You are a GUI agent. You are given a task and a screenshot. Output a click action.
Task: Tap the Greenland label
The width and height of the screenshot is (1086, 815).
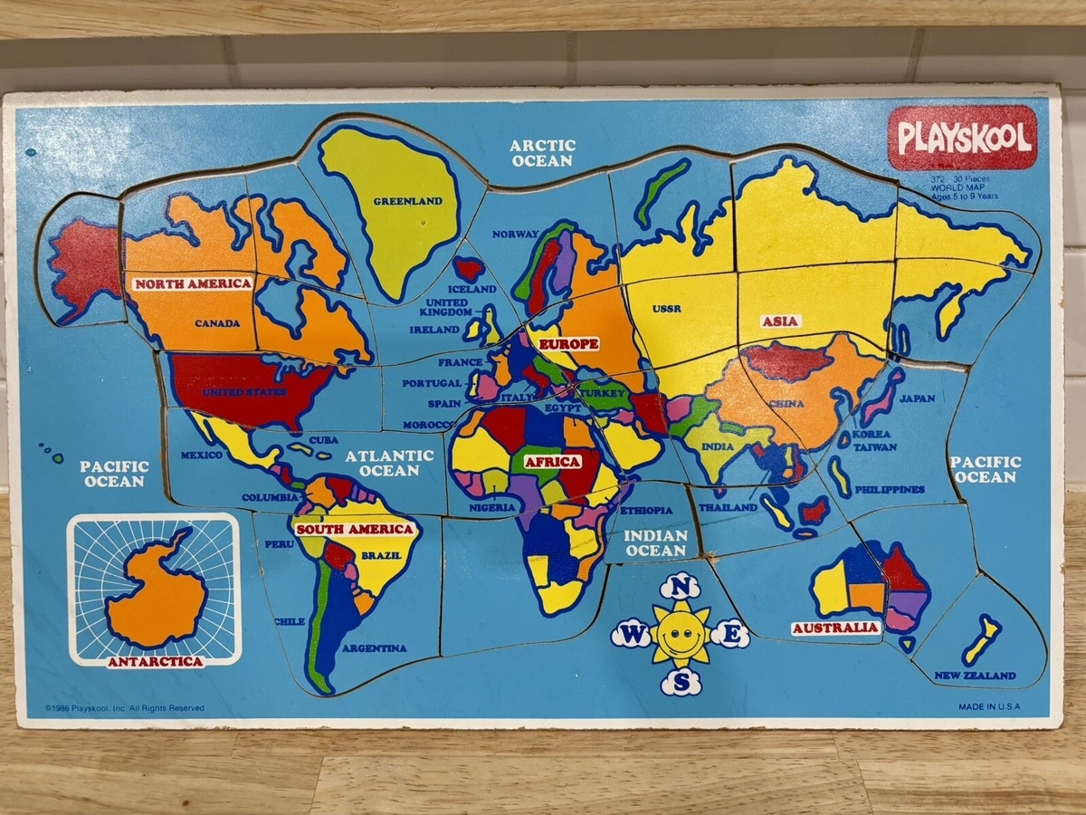tap(408, 201)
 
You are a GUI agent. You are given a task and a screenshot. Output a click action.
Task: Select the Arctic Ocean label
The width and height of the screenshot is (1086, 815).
tap(542, 152)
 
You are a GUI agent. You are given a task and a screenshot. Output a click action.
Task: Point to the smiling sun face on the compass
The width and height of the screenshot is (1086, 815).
tap(681, 635)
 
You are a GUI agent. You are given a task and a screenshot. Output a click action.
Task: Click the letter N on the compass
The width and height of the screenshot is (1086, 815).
tap(681, 588)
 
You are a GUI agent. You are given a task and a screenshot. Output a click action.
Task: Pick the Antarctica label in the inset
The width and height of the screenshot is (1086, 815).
tap(155, 661)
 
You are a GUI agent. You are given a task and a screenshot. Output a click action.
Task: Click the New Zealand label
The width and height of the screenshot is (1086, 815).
tap(975, 676)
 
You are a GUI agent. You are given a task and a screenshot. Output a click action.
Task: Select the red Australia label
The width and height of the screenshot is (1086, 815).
tap(834, 628)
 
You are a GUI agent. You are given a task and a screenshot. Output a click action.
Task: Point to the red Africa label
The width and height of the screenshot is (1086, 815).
tap(552, 462)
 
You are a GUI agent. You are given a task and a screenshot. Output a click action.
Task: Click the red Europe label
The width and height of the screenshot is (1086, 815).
tap(568, 344)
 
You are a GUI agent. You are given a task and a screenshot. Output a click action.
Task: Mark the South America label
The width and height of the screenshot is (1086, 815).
tap(355, 529)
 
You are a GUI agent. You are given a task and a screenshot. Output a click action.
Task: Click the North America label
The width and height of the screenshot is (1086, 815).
tap(194, 283)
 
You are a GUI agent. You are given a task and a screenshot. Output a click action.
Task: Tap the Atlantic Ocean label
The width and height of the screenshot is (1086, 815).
tap(389, 463)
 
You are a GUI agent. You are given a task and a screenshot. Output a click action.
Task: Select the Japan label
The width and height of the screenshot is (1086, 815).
tap(917, 398)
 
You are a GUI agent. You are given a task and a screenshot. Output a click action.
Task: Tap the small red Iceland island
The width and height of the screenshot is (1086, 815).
tap(469, 268)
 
